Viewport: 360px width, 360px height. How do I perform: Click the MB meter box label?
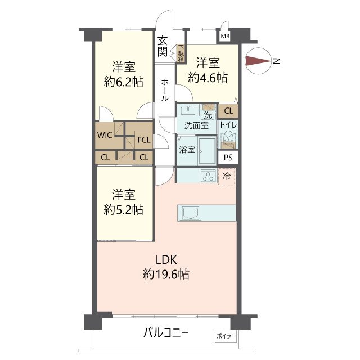225,37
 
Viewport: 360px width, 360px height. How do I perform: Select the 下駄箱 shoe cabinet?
181,53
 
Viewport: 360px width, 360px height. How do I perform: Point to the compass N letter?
277,61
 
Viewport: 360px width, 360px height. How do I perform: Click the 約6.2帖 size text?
124,82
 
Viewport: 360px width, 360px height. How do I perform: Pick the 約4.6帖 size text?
208,78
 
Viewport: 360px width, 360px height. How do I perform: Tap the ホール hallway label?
165,90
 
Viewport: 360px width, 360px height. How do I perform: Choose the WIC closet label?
105,135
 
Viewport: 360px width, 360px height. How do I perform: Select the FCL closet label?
144,139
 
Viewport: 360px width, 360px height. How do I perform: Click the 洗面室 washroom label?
196,125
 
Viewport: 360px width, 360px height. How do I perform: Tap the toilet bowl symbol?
228,137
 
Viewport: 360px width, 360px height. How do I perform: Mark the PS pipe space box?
228,157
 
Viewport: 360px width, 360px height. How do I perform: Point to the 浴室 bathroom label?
187,150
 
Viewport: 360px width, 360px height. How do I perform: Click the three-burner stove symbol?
209,176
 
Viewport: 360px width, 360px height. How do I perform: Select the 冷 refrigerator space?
227,176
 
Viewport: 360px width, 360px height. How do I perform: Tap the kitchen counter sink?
191,213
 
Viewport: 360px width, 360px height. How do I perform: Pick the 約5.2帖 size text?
124,209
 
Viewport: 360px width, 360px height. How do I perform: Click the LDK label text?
166,260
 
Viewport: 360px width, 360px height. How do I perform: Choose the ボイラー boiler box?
226,336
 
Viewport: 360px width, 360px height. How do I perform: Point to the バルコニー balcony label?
166,332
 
